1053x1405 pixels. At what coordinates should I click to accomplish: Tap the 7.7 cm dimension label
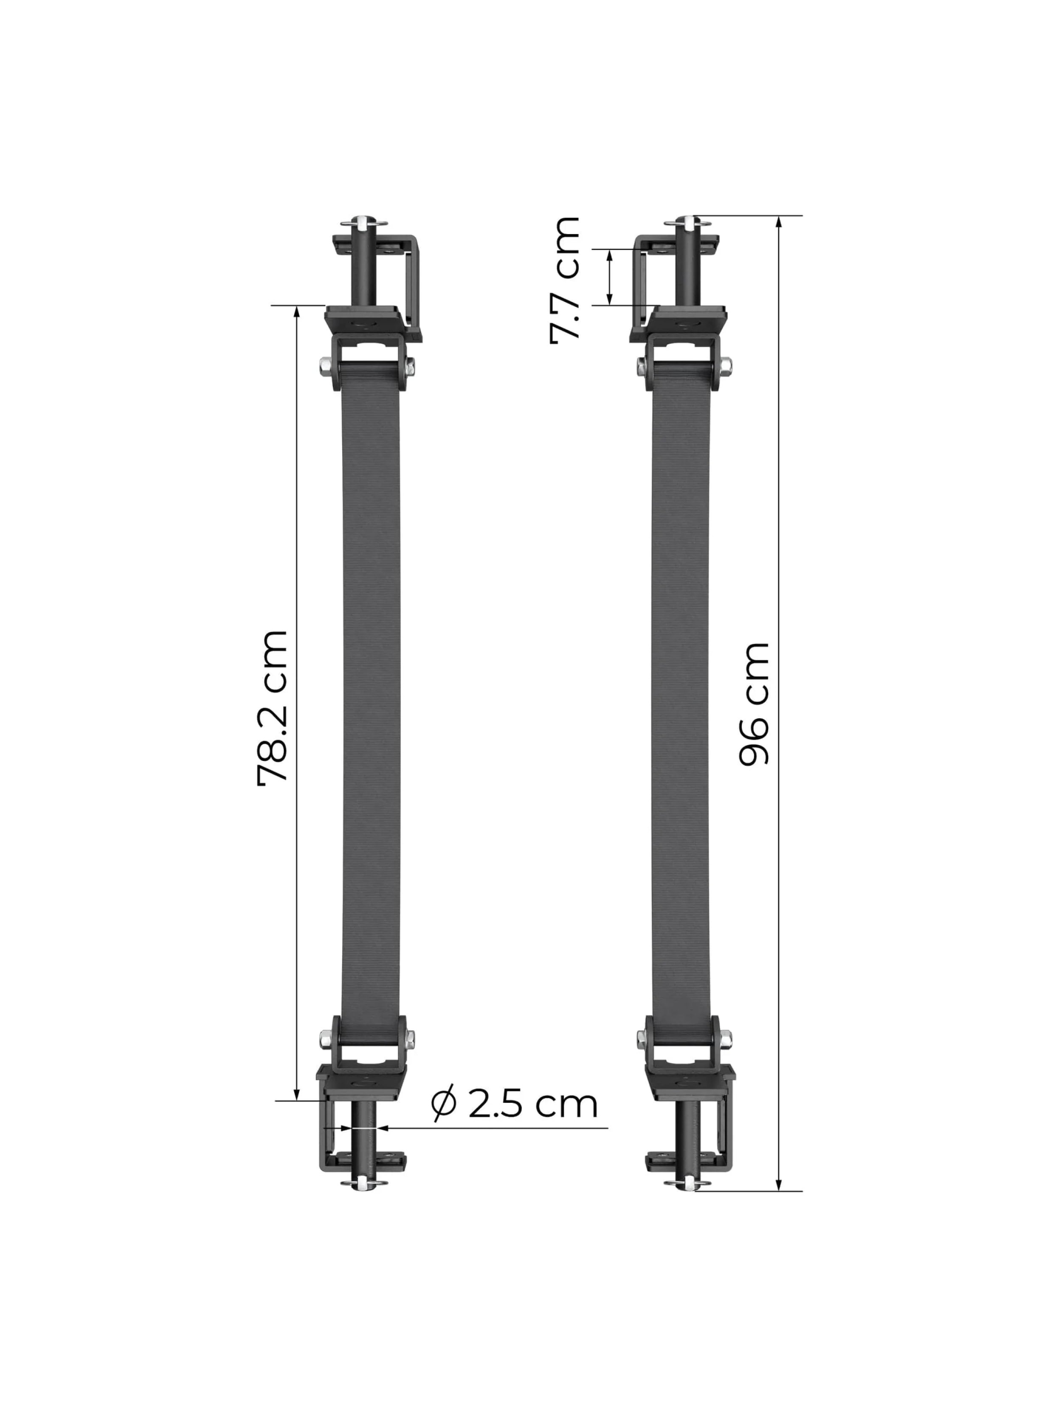(x=565, y=280)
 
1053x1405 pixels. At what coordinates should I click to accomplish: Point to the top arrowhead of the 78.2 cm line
(x=296, y=311)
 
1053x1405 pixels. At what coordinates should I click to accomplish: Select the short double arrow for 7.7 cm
(x=609, y=277)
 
